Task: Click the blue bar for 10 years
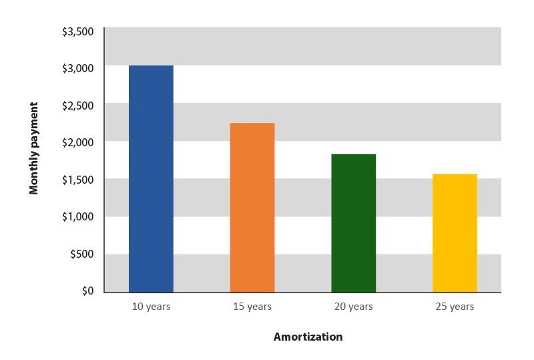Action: pos(151,178)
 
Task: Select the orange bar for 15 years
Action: pos(252,208)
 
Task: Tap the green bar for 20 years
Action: pos(354,223)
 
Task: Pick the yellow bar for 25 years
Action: pos(455,233)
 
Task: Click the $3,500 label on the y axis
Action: pos(77,31)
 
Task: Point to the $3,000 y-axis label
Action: pos(77,69)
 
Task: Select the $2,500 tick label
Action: pos(77,106)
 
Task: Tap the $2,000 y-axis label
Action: pos(77,142)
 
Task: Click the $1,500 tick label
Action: pos(77,180)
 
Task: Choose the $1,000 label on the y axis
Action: pos(77,216)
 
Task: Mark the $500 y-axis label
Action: pos(81,254)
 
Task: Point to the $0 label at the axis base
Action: pos(87,291)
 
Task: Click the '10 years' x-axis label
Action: pos(151,307)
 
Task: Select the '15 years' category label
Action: pos(252,307)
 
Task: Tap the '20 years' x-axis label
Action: pos(354,307)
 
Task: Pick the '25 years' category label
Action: pos(455,307)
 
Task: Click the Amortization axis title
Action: pos(308,337)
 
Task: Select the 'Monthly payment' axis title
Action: pos(34,148)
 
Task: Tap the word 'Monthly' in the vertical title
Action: pos(34,173)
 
